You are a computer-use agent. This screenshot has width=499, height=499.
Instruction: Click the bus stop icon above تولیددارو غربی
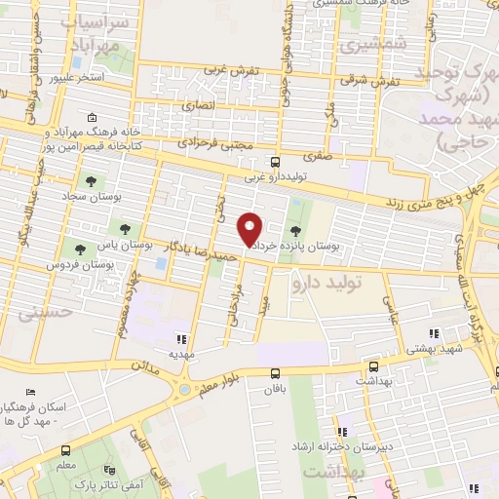275,162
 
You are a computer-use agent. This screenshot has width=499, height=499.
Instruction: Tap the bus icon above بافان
275,372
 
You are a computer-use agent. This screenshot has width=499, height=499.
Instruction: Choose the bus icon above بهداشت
374,367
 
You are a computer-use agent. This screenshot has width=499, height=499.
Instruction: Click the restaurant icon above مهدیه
179,339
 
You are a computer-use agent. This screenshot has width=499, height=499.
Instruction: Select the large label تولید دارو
326,283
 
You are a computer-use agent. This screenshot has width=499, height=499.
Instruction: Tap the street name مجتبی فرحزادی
217,145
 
